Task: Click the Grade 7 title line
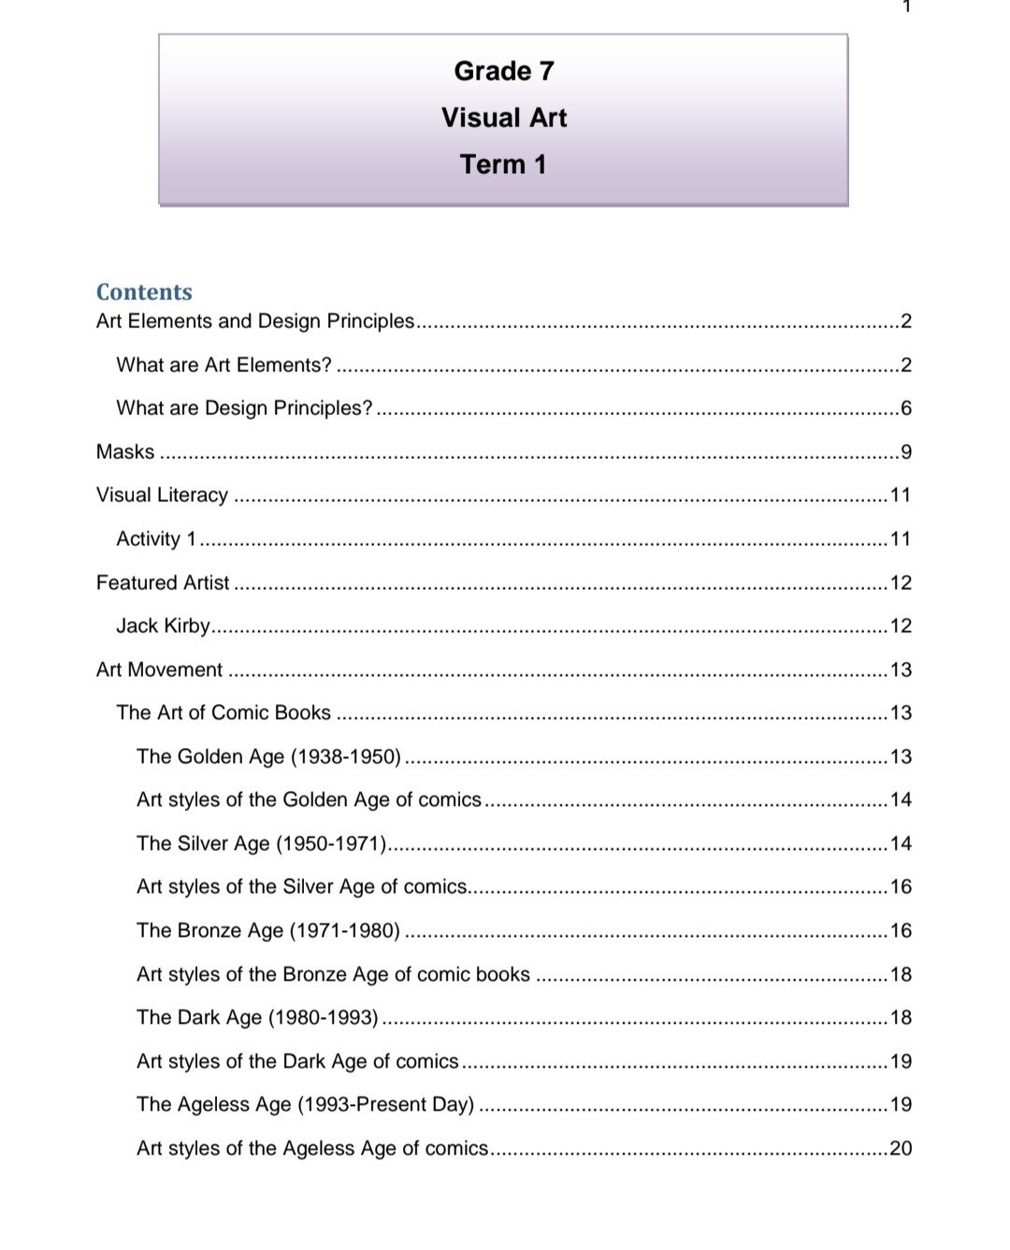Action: point(503,71)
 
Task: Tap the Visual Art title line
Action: point(503,118)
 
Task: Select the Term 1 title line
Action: point(503,165)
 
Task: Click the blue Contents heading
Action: point(144,292)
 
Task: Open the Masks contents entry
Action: point(125,452)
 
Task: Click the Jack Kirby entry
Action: point(163,625)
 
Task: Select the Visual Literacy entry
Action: point(162,495)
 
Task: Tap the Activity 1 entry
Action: point(156,539)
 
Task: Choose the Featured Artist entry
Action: point(163,582)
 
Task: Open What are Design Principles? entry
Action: point(244,408)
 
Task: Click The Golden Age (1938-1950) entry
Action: point(268,756)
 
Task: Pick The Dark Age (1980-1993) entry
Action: point(257,1017)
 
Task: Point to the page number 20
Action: point(901,1148)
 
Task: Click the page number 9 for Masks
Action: point(905,452)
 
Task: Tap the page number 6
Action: point(905,408)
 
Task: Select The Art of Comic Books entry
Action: point(224,712)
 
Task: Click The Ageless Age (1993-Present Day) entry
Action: point(305,1104)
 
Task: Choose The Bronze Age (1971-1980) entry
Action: point(268,930)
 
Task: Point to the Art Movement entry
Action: point(159,669)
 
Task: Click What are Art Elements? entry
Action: point(224,365)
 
